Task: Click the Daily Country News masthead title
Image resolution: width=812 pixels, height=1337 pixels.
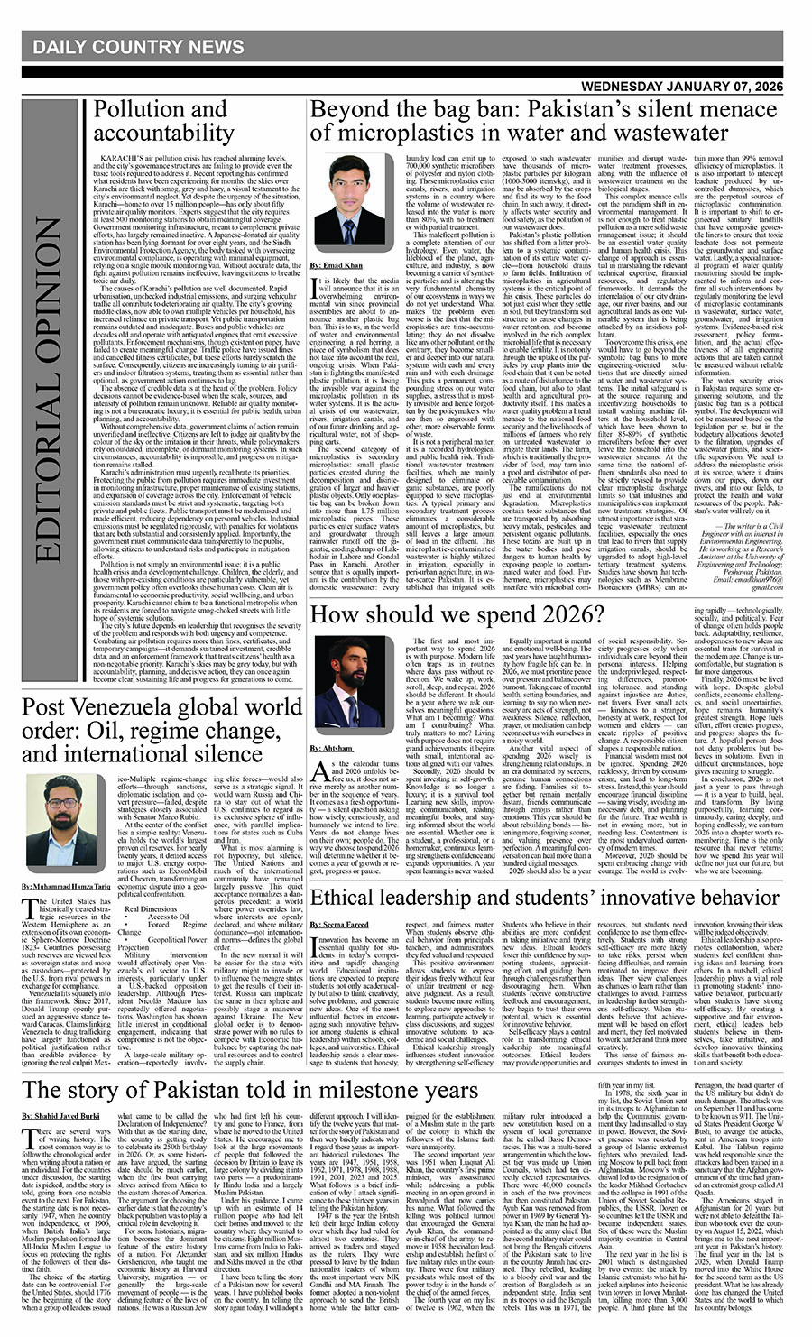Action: click(138, 47)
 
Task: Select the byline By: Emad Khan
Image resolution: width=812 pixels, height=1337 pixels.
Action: click(336, 267)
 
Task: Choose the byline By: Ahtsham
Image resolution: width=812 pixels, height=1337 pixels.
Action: click(331, 748)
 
